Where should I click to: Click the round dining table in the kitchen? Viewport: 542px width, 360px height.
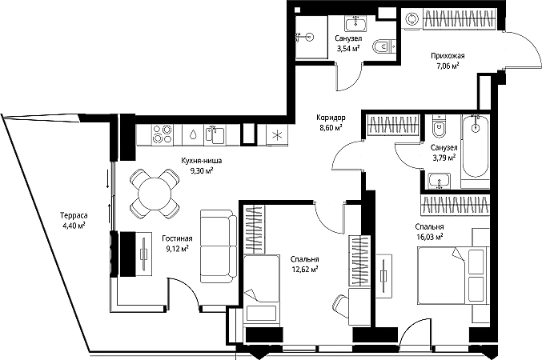pyautogui.click(x=155, y=194)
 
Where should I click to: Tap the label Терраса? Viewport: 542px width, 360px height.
pyautogui.click(x=74, y=215)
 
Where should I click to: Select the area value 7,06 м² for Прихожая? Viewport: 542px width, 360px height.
pyautogui.click(x=448, y=65)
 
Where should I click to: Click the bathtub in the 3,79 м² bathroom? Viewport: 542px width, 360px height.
pyautogui.click(x=476, y=147)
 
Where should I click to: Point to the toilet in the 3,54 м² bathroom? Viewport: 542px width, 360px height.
pyautogui.click(x=384, y=46)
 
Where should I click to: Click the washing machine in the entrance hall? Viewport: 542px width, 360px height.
pyautogui.click(x=412, y=19)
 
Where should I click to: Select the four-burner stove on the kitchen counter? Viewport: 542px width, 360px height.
pyautogui.click(x=162, y=134)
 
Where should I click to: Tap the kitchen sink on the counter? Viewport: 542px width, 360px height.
pyautogui.click(x=215, y=134)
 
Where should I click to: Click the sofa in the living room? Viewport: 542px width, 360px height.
pyautogui.click(x=219, y=246)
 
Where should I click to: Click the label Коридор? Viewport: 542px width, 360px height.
pyautogui.click(x=331, y=118)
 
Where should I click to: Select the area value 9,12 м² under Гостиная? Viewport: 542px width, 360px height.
pyautogui.click(x=177, y=248)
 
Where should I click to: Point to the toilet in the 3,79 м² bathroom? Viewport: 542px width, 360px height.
pyautogui.click(x=440, y=126)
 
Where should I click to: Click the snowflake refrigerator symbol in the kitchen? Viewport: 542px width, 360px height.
pyautogui.click(x=277, y=134)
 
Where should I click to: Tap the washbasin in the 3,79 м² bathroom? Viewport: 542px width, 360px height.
pyautogui.click(x=439, y=182)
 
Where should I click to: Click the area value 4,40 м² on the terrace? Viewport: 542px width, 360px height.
pyautogui.click(x=74, y=226)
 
